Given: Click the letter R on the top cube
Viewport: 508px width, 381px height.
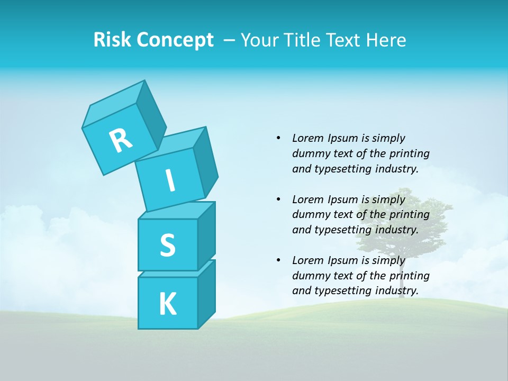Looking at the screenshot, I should tap(121, 140).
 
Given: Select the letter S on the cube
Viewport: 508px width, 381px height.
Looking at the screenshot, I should tap(167, 246).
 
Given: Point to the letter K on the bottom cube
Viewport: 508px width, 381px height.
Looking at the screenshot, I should tap(167, 304).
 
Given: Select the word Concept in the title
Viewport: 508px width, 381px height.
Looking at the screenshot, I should tap(174, 40).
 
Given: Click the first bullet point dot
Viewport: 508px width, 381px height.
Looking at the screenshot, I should tap(278, 138).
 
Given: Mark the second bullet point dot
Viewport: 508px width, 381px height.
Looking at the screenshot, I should tap(278, 199).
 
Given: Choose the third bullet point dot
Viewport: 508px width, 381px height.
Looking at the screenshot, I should tap(278, 260).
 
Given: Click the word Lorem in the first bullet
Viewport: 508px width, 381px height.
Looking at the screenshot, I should tap(307, 138).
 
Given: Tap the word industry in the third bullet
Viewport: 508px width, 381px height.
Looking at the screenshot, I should tap(396, 291).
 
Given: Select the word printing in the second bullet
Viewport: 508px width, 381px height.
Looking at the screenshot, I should tap(409, 215).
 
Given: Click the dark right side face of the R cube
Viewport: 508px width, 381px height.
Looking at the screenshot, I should tap(151, 116).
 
